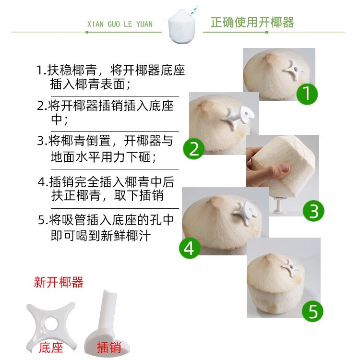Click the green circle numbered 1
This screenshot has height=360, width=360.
click(307, 94)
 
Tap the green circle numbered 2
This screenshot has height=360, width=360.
click(193, 148)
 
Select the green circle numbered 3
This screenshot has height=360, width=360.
click(313, 211)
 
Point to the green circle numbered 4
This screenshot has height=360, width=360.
click(190, 248)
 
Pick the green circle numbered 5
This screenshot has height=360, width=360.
click(312, 311)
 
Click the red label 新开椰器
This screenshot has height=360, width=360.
click(59, 282)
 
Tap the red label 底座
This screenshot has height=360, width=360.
click(51, 347)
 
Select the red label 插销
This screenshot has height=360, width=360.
click(109, 347)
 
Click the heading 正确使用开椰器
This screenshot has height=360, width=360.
click(252, 22)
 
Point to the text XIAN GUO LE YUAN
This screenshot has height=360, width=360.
click(120, 24)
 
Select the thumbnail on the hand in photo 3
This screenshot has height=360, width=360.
click(285, 168)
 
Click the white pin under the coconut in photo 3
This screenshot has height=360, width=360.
click(279, 205)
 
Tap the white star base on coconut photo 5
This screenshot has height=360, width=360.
click(290, 268)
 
